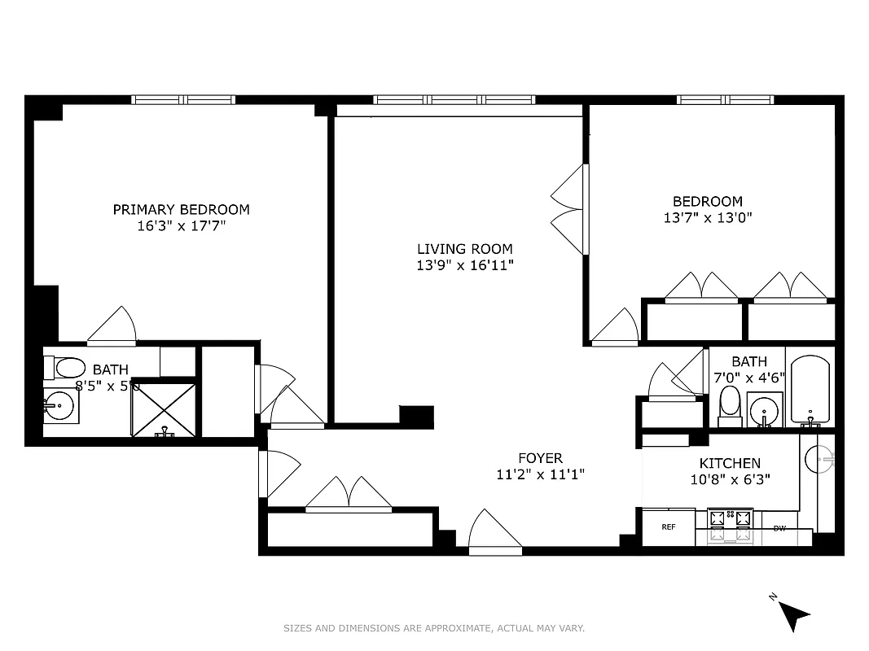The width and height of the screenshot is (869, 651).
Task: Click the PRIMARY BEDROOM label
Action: [x=181, y=209]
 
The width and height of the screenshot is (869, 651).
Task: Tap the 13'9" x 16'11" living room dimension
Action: [x=465, y=265]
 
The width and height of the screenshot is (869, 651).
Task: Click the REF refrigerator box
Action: [x=669, y=527]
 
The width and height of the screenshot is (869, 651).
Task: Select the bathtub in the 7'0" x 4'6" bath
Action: [x=810, y=390]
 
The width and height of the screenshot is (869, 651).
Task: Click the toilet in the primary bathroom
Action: [x=69, y=369]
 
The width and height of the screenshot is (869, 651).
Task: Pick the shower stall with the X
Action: [x=164, y=409]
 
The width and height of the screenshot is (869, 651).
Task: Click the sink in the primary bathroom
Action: [x=59, y=404]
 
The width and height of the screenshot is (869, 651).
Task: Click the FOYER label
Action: [x=540, y=458]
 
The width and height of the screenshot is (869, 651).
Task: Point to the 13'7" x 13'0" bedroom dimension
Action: [x=707, y=218]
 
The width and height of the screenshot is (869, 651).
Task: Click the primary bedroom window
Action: [x=184, y=100]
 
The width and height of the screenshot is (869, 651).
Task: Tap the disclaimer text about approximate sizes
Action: [x=434, y=628]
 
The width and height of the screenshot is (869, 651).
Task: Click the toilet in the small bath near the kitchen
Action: [x=731, y=404]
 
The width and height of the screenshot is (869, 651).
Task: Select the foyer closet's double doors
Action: [x=349, y=496]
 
